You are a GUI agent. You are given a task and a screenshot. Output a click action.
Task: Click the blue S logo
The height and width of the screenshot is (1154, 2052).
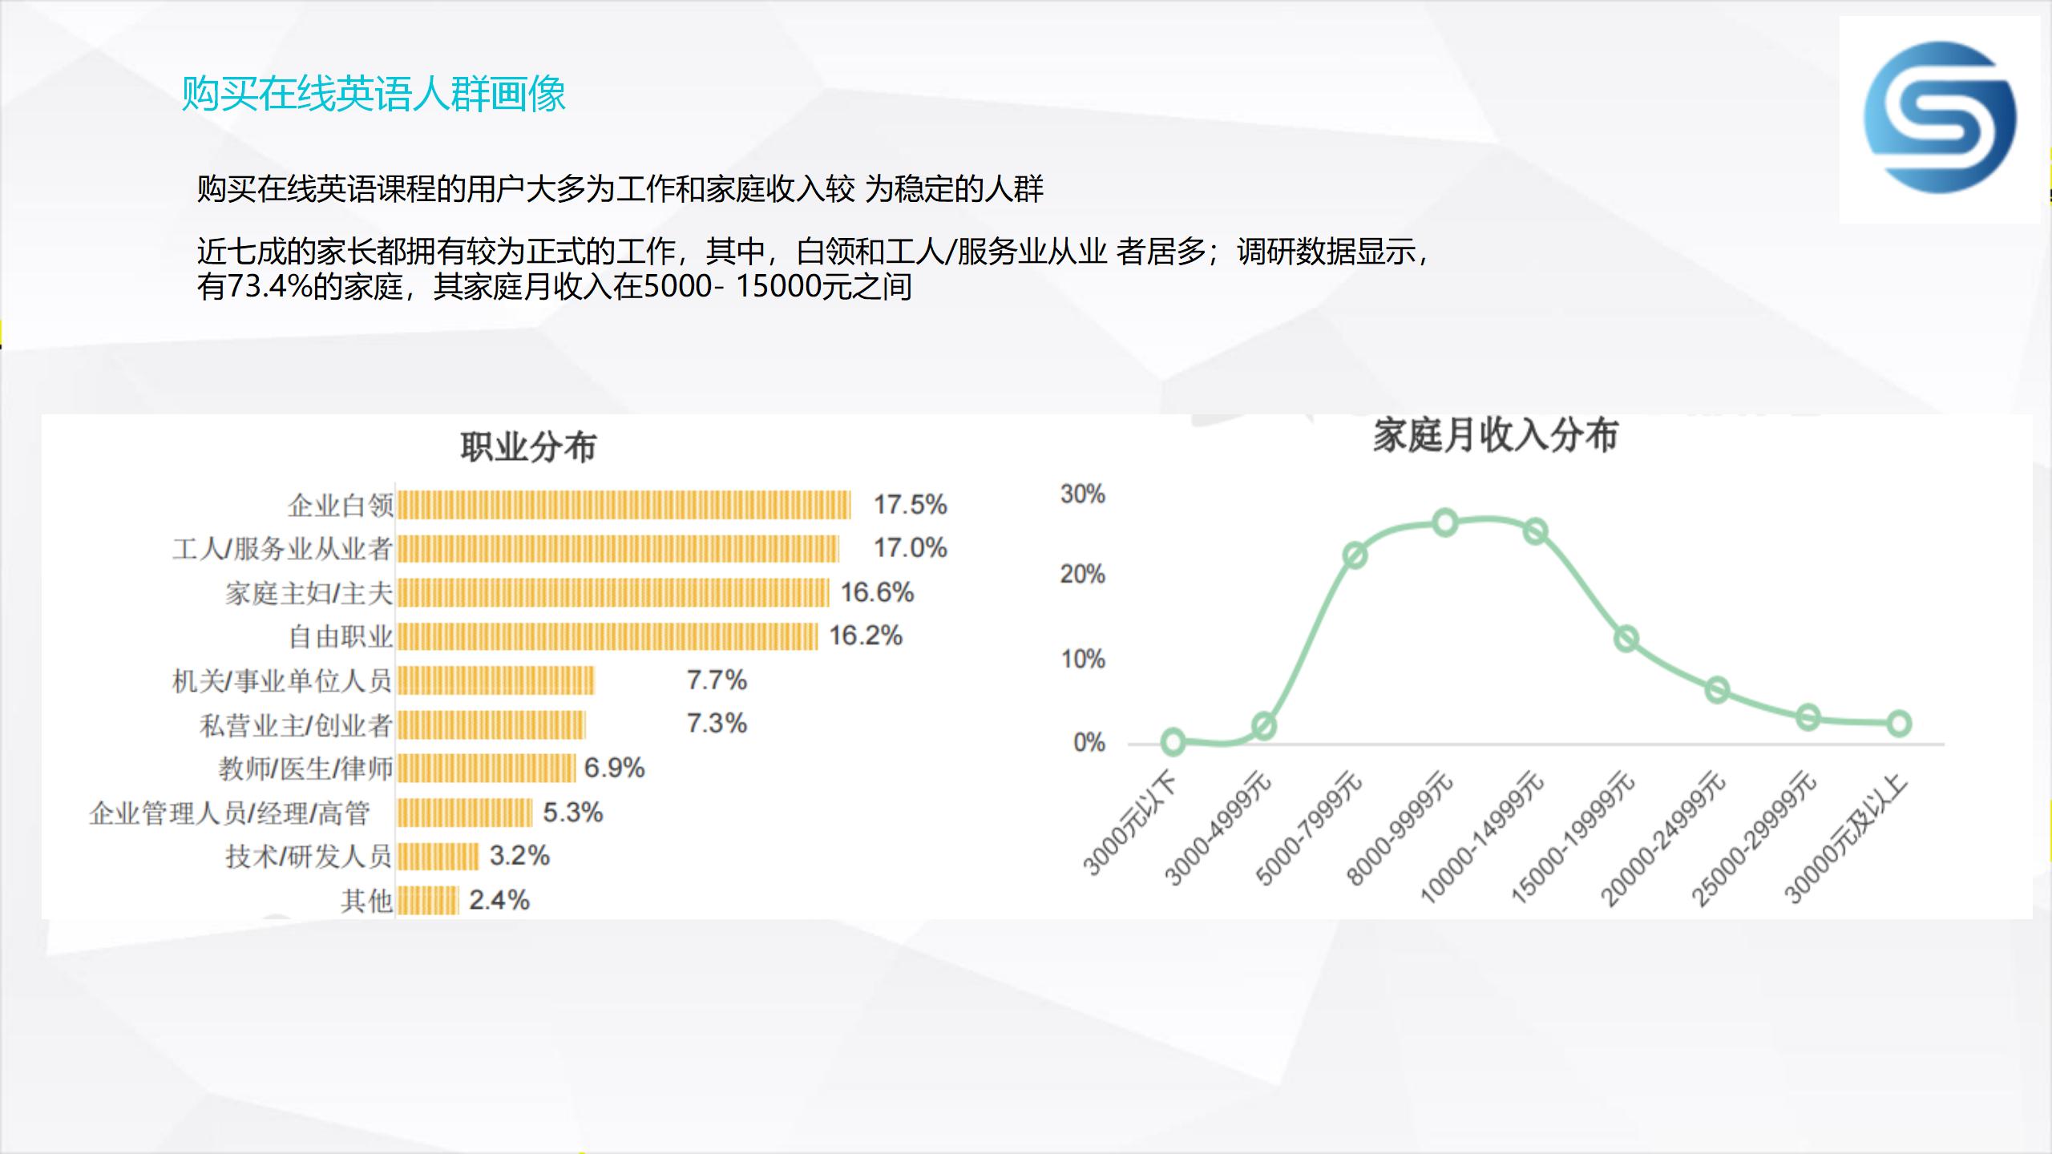pos(1940,117)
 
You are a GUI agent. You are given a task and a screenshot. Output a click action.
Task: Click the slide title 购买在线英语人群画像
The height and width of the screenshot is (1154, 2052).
pos(374,95)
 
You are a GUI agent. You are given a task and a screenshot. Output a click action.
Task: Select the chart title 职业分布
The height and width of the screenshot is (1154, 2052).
pos(528,447)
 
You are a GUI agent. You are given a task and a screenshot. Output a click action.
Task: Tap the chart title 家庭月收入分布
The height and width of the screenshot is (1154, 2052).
pos(1496,435)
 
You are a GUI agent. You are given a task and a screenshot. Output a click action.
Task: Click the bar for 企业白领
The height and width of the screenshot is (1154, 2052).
pos(624,506)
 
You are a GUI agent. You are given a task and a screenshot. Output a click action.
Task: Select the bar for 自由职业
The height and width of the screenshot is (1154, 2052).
pos(608,636)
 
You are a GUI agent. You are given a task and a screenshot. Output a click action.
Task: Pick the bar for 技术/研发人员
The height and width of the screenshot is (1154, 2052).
pos(438,857)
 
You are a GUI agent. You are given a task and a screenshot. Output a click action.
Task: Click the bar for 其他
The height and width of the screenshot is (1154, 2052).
pos(428,901)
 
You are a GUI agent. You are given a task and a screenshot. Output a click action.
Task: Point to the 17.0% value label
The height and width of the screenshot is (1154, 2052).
pos(911,548)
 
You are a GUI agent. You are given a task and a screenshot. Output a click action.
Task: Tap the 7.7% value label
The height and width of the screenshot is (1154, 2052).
pos(717,680)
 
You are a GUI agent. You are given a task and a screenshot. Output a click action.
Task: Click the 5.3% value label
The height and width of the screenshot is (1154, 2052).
pos(573,813)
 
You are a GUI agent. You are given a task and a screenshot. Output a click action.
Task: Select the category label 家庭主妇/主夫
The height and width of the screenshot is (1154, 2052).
pos(309,593)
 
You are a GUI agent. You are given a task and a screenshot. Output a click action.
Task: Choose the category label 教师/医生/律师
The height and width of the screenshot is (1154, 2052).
pos(305,769)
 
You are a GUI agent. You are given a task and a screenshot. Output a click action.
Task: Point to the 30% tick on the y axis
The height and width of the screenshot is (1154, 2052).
pos(1083,494)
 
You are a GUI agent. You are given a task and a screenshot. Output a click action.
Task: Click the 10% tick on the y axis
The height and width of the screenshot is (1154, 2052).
pos(1083,660)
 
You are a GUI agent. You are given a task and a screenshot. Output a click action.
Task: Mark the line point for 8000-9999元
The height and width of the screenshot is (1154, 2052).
pos(1445,523)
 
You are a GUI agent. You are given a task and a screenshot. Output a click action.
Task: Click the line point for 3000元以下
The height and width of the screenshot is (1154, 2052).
pos(1173,742)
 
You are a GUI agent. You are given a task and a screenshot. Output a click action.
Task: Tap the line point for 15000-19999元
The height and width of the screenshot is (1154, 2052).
pos(1626,639)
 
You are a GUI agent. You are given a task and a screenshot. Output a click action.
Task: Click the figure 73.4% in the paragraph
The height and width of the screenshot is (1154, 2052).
pos(270,286)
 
